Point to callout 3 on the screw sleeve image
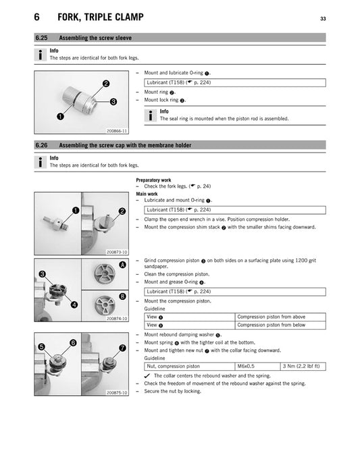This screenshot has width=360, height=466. coord(113,101)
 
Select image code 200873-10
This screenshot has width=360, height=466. coord(117,252)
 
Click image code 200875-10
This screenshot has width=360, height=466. coord(117,411)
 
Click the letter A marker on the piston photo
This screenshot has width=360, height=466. coord(122,265)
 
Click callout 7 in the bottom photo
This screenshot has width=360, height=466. coord(122,348)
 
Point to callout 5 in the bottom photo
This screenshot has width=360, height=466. coord(42,347)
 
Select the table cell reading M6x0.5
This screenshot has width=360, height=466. coord(248,365)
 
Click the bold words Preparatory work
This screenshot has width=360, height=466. coord(153,181)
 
